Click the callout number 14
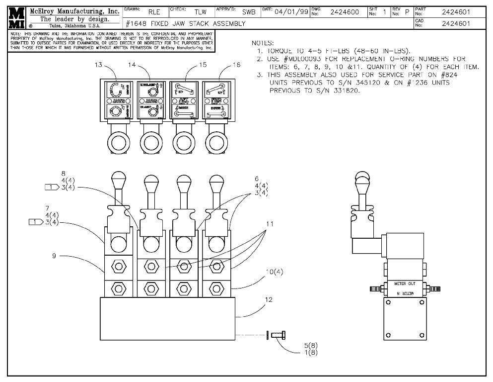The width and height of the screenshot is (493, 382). coord(132,65)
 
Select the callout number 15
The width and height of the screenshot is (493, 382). coord(203,65)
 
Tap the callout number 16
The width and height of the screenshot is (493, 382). coord(236,65)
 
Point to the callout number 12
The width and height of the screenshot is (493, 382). coord(269,300)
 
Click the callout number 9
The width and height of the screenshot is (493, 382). coord(54,256)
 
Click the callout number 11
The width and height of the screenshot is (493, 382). coord(270,224)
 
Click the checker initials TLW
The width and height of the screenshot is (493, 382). coord(200,12)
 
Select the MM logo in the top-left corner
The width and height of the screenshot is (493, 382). coord(16,17)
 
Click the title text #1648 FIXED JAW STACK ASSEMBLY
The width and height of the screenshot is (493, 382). coord(186,23)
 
